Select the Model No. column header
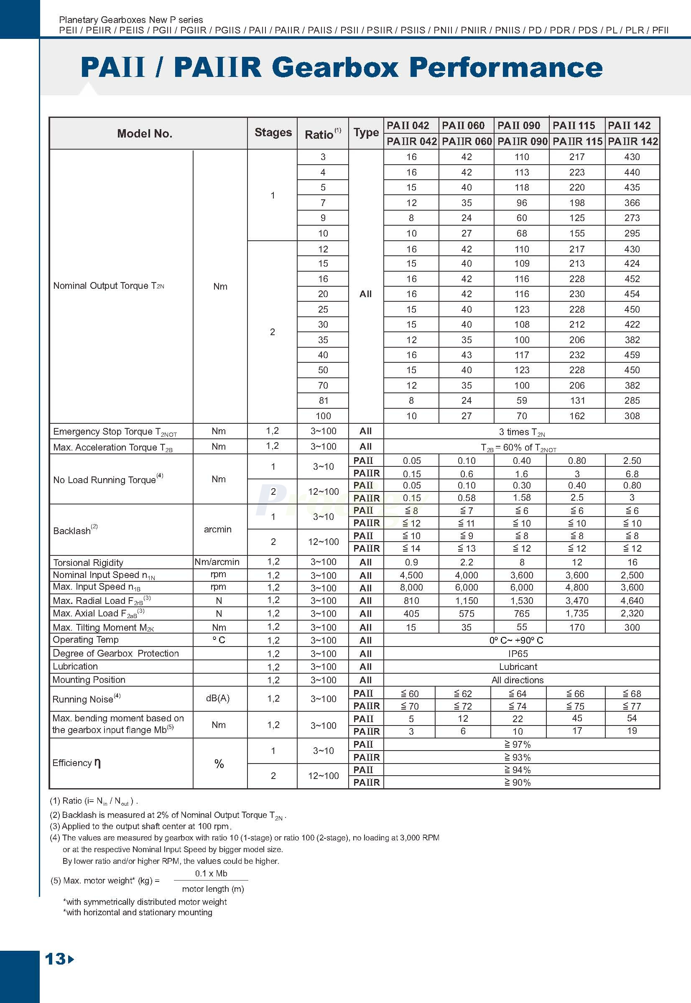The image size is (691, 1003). tap(145, 133)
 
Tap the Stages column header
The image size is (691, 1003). tap(273, 132)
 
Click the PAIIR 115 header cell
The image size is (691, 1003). tap(577, 142)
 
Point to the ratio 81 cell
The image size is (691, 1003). tap(323, 400)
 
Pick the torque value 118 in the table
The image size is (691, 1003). tap(521, 188)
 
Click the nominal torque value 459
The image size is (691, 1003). tap(632, 355)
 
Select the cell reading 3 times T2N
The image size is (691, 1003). tap(521, 432)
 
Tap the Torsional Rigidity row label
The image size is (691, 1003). tap(88, 563)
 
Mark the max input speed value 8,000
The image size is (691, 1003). tap(411, 588)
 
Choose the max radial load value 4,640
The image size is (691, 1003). tap(632, 601)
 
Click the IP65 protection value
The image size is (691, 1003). tap(518, 654)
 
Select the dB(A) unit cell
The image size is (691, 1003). tap(218, 698)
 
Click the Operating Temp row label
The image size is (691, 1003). tap(85, 640)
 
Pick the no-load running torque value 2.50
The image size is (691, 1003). tap(632, 461)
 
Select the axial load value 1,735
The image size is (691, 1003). tap(577, 614)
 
